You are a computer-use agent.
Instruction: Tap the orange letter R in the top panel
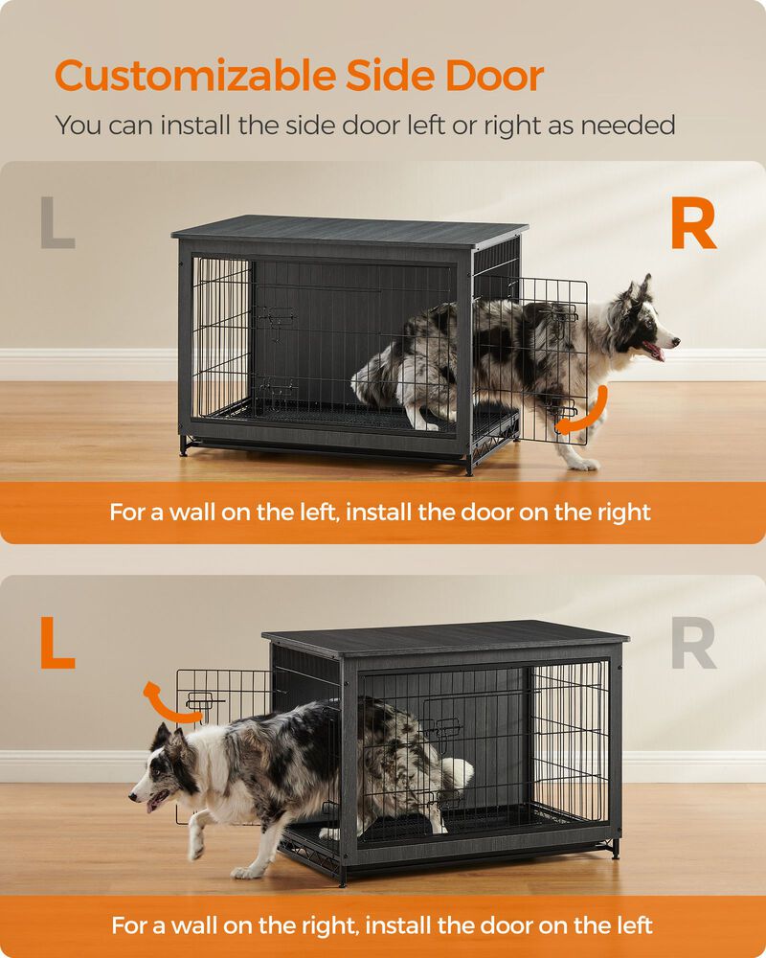[692, 227]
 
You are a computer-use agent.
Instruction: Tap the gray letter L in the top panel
[57, 223]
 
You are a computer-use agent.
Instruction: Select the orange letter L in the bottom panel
[57, 644]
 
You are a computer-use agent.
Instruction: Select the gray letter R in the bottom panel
[693, 644]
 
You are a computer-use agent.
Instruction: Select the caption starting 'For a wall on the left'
[380, 512]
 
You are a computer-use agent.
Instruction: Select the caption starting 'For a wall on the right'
[382, 925]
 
